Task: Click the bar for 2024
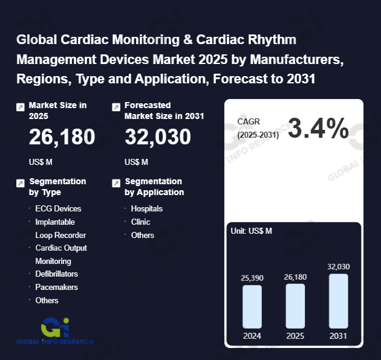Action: point(252,306)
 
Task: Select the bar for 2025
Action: point(295,306)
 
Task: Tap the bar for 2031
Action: point(339,301)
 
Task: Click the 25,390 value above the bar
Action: point(252,277)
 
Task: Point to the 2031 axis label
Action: point(339,336)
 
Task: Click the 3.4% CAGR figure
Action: point(318,129)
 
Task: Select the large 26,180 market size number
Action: point(62,138)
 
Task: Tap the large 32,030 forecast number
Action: point(158,138)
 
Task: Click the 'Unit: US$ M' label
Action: point(252,231)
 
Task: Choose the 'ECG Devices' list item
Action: point(58,208)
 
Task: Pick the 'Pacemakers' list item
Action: point(56,287)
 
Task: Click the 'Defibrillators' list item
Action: point(60,274)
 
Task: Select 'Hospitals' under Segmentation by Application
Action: point(147,208)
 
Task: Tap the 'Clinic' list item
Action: point(141,222)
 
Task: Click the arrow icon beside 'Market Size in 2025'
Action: point(21,107)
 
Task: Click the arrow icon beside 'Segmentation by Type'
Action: point(21,182)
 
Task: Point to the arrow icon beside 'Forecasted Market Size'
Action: point(116,107)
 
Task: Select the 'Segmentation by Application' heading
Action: point(154,187)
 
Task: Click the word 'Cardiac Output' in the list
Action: point(61,248)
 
